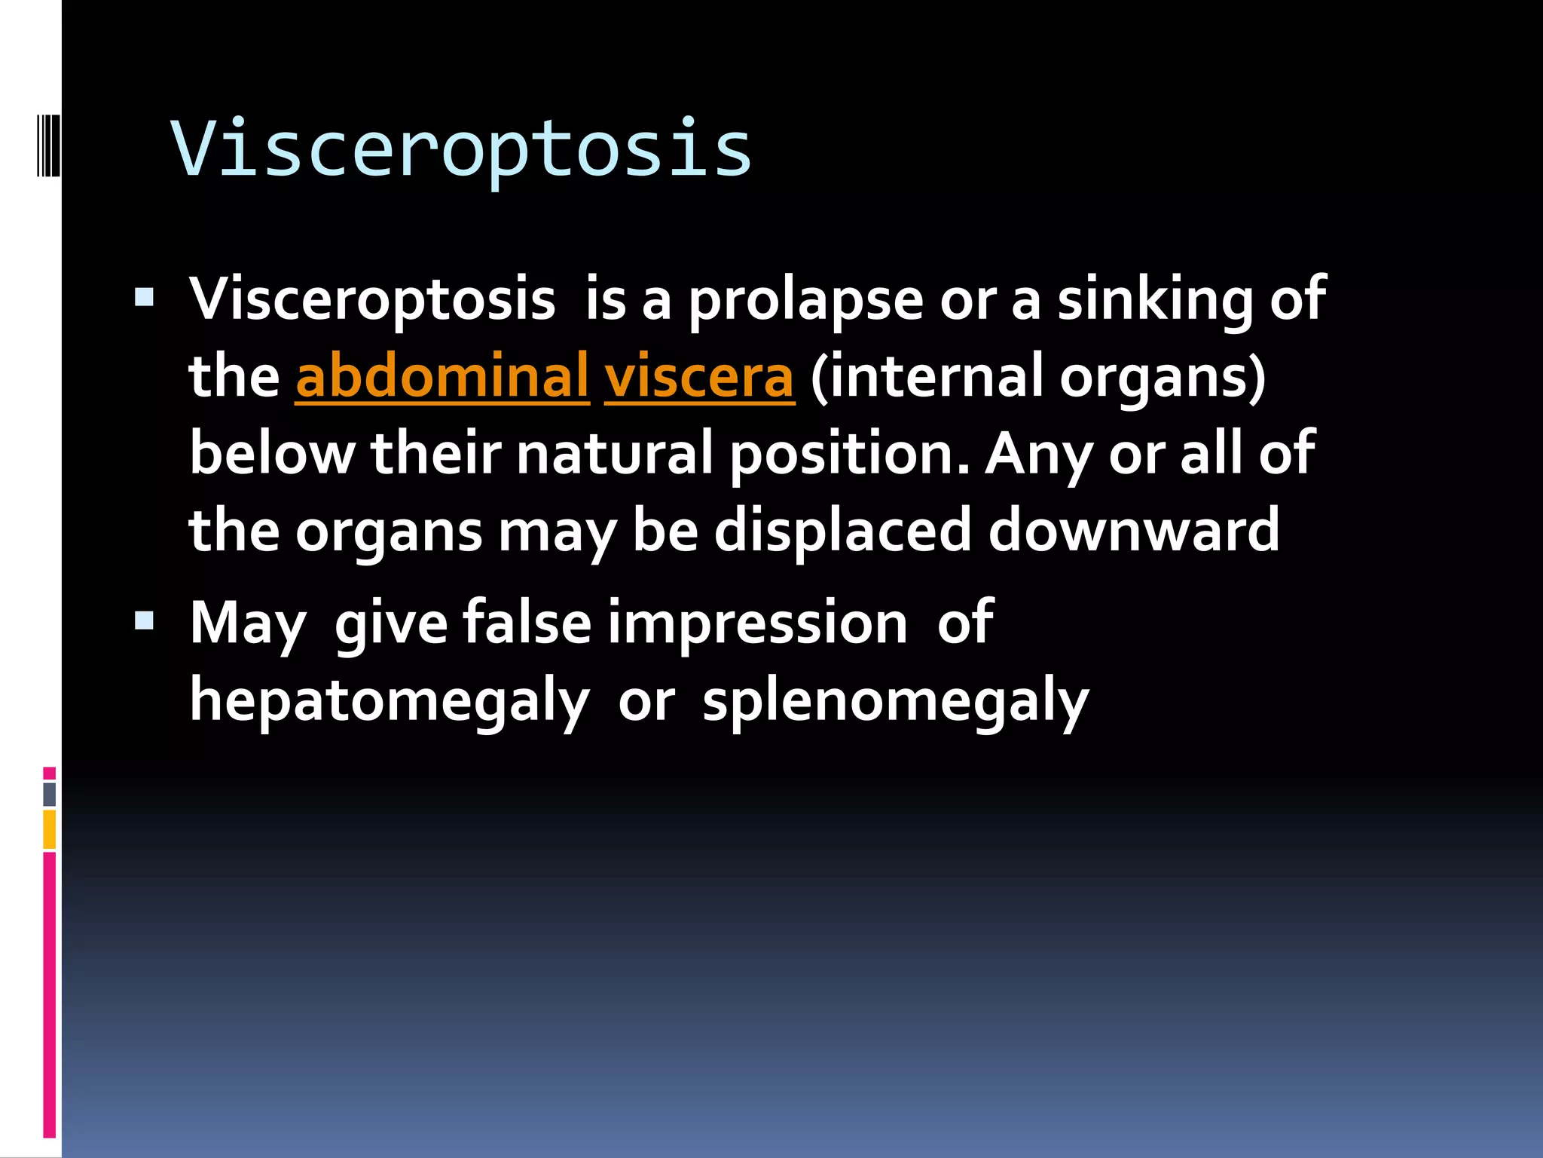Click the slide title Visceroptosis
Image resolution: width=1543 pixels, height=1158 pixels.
[x=461, y=149]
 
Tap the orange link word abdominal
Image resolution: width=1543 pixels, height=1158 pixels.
[x=442, y=376]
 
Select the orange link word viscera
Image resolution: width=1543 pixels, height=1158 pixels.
[x=698, y=376]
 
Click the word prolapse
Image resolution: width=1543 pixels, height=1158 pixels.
[x=805, y=300]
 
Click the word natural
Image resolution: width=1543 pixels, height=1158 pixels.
[x=614, y=454]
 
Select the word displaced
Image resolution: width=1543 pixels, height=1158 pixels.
[x=842, y=531]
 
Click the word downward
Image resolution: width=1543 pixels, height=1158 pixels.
[x=1133, y=531]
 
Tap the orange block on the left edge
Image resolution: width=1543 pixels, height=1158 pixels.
[x=49, y=829]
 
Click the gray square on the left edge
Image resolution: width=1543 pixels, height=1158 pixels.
[x=49, y=794]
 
